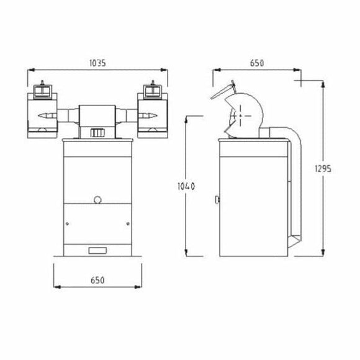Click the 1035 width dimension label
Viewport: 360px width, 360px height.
[97, 63]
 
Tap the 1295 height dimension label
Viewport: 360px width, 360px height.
[323, 169]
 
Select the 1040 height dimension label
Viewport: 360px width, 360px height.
[186, 186]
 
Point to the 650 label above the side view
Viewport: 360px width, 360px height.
[257, 63]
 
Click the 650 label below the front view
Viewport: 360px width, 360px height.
[97, 280]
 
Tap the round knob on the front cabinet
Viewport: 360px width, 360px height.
[98, 200]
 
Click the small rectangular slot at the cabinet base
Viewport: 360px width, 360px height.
[97, 251]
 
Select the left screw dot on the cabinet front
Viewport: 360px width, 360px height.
[67, 223]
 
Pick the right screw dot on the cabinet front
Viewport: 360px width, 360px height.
[128, 223]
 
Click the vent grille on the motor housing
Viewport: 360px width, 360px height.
[97, 133]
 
